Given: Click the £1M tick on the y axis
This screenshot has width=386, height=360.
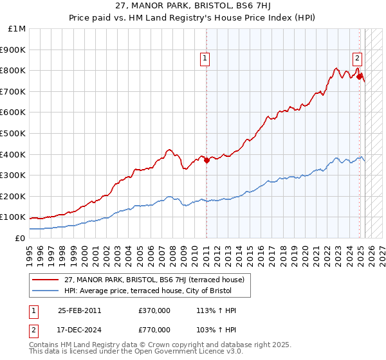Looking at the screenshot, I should tap(17, 29).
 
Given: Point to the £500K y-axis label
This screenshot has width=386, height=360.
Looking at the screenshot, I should tap(14, 133).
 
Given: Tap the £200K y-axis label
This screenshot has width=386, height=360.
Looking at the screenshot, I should tap(14, 196).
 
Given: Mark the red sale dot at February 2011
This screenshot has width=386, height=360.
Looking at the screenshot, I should tap(207, 161).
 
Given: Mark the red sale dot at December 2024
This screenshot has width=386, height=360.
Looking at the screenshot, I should tap(359, 76).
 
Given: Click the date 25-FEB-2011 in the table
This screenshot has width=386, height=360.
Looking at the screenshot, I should tap(80, 310).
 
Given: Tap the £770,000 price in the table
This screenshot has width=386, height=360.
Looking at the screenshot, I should tap(154, 328).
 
